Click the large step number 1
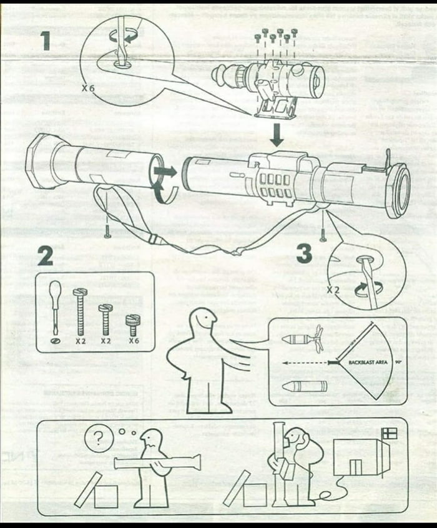[x=45, y=41]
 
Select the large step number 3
[x=304, y=253]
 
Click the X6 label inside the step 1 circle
[x=88, y=89]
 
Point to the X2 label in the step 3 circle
[x=335, y=290]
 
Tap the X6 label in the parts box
[x=134, y=341]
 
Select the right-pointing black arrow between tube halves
[x=166, y=170]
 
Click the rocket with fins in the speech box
[x=302, y=340]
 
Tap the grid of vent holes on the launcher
[x=274, y=185]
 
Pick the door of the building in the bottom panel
[x=355, y=467]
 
